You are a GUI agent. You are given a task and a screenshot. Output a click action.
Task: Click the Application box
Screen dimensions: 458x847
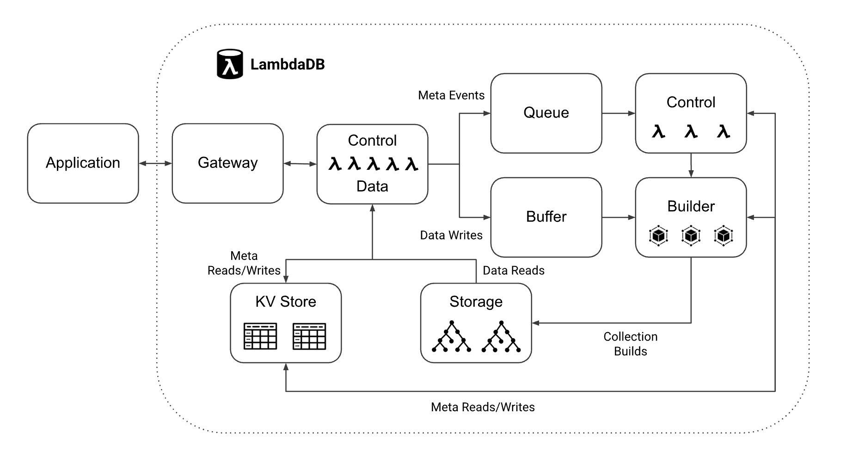click(x=83, y=163)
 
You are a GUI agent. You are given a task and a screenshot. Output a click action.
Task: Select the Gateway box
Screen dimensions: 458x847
click(x=227, y=163)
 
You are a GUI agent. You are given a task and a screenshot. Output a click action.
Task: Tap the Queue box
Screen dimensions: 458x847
click(x=546, y=113)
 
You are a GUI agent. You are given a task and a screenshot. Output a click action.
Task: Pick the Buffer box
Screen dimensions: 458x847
click(x=546, y=217)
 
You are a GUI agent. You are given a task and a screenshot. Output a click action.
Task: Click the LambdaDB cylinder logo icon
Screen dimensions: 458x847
click(x=230, y=64)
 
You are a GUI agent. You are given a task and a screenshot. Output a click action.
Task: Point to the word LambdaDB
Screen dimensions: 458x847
click(x=287, y=64)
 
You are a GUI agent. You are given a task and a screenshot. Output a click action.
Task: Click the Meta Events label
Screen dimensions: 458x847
click(x=451, y=95)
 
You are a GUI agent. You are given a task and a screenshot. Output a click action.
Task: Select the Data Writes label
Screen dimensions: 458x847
click(x=451, y=235)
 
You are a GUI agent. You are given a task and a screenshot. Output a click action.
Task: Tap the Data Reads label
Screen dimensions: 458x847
click(x=513, y=271)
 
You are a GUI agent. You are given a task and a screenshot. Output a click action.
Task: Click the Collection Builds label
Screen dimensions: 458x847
click(x=630, y=344)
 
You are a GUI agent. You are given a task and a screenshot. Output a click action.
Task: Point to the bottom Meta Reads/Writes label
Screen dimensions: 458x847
click(x=483, y=407)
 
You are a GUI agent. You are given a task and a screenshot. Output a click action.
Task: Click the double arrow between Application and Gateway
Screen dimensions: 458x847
click(x=155, y=163)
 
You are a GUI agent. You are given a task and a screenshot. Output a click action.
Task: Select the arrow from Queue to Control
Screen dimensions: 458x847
click(x=619, y=113)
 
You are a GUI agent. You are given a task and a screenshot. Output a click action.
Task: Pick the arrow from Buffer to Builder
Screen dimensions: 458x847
click(x=619, y=217)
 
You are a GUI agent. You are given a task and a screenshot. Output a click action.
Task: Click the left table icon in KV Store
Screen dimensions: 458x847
click(x=260, y=336)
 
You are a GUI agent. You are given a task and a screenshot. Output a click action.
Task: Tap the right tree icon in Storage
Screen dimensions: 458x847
click(x=501, y=336)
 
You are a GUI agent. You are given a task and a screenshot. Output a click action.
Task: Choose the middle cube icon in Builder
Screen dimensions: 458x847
click(x=691, y=235)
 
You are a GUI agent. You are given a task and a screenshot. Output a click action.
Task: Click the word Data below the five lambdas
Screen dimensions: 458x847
click(x=372, y=186)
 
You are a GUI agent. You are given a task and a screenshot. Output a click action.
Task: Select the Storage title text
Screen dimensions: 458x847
click(x=476, y=302)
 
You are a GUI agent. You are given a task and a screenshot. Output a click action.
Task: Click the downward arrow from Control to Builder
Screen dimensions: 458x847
click(x=691, y=165)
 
